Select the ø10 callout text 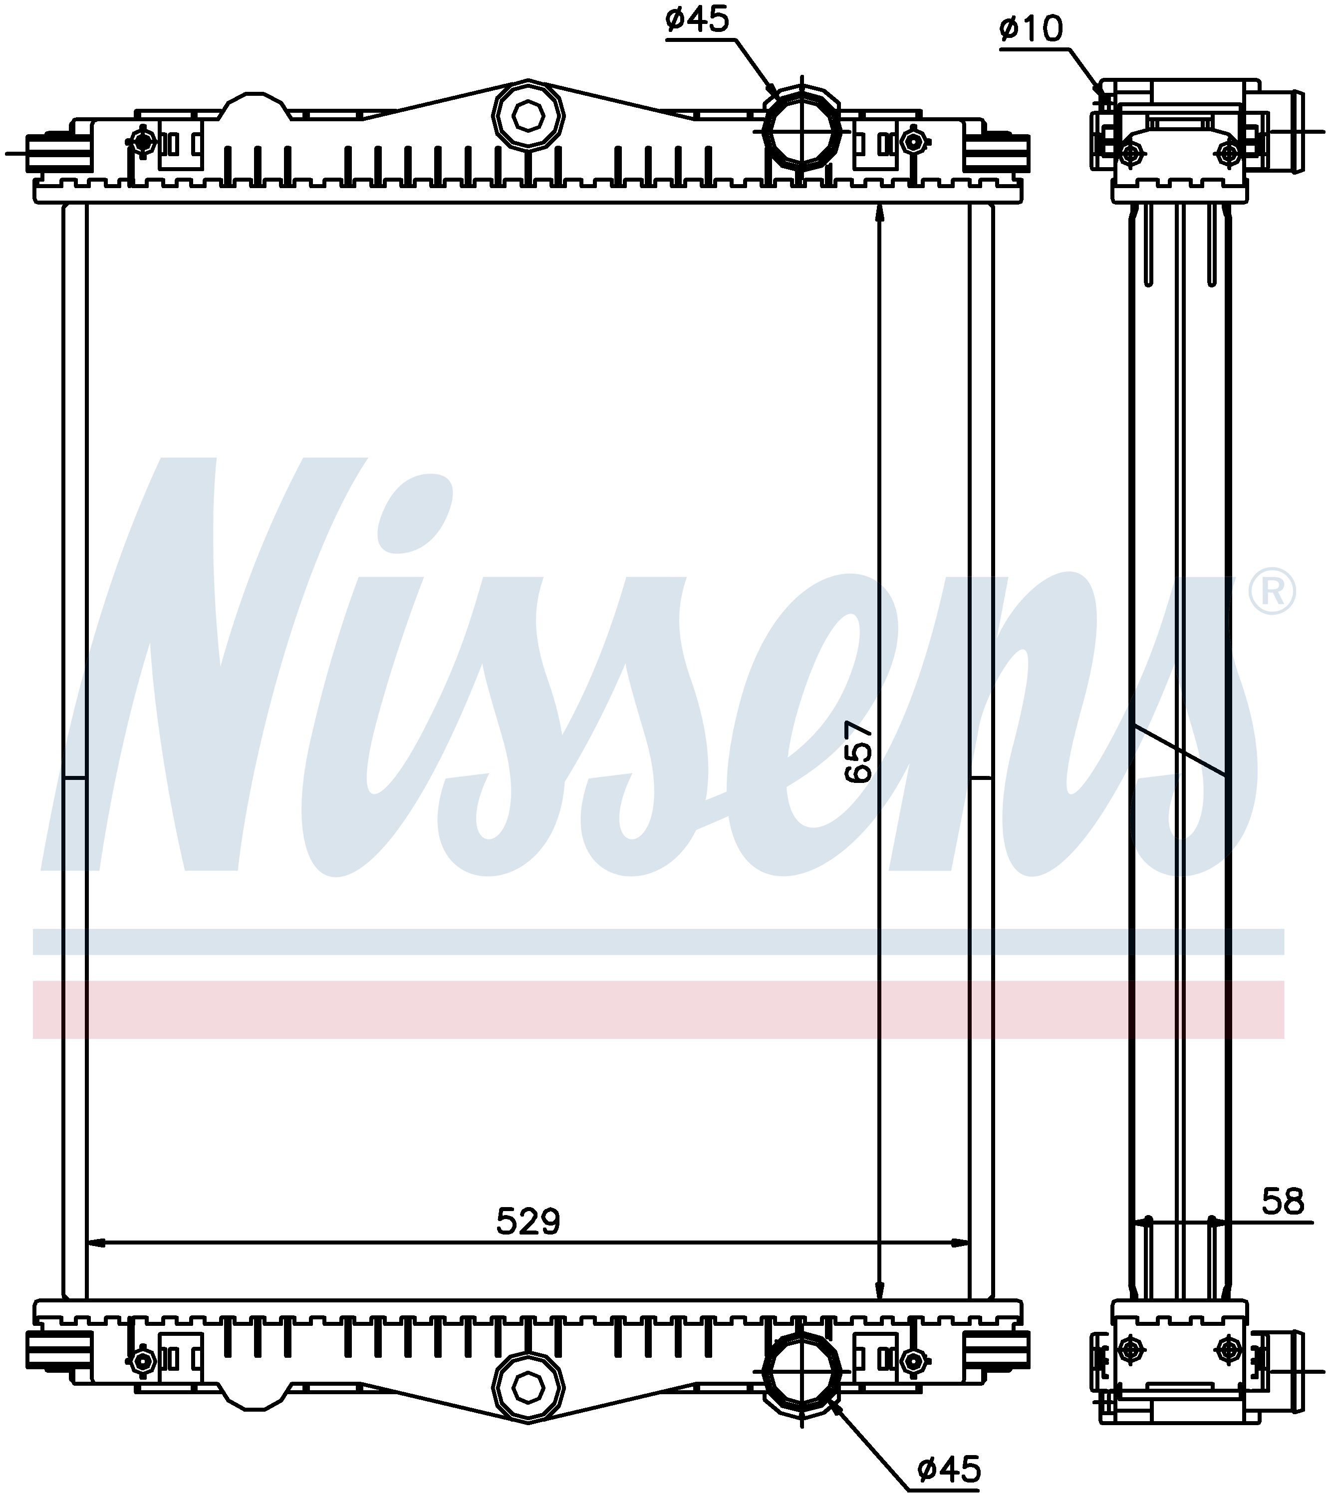[1031, 29]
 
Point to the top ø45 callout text [698, 20]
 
